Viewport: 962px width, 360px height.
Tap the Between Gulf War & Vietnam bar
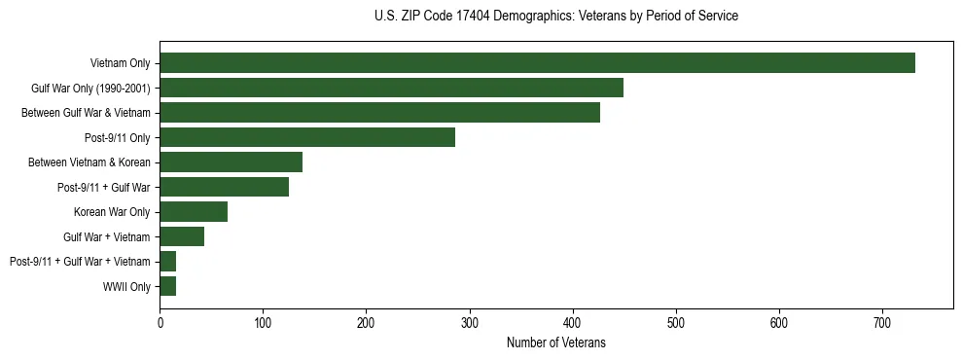point(379,113)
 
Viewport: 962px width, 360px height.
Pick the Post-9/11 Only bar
point(307,137)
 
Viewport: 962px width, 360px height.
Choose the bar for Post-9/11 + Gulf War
point(224,187)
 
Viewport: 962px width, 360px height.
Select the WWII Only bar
point(167,286)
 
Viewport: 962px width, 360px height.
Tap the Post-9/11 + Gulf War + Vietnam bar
point(167,262)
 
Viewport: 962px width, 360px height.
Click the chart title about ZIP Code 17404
point(555,17)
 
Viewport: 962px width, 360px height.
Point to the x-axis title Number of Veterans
point(555,342)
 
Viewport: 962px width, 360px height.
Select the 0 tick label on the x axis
point(160,323)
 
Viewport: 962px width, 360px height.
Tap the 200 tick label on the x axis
point(366,323)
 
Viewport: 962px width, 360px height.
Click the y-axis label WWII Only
point(126,287)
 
